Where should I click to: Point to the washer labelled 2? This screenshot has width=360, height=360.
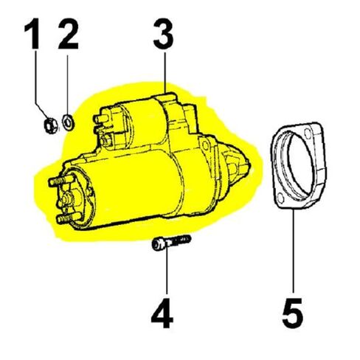tap(68, 121)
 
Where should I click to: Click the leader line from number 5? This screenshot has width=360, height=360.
tap(294, 251)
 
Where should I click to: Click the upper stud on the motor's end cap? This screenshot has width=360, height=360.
tap(52, 181)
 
